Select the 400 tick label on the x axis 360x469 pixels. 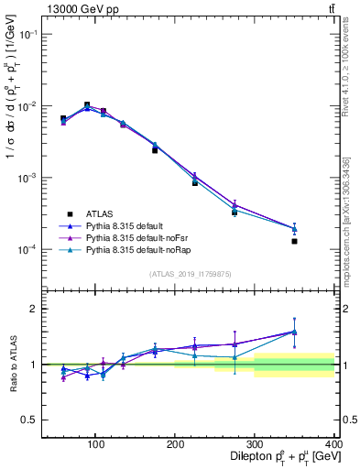pos(333,443)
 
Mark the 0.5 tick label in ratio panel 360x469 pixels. pos(28,420)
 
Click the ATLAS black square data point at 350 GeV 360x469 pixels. pos(294,241)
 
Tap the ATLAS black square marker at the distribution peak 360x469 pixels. pos(87,105)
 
